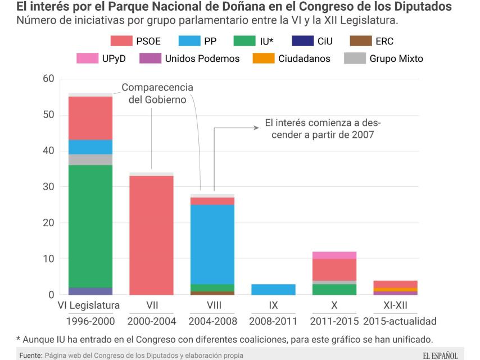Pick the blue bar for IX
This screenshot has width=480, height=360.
[273, 289]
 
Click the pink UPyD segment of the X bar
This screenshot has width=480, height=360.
[334, 255]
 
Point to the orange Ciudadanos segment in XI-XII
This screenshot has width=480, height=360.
[395, 289]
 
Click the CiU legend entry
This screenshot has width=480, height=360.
[315, 41]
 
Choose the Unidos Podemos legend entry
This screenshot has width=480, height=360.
[191, 58]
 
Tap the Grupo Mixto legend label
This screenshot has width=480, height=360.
[396, 58]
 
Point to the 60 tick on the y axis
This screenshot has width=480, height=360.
[48, 79]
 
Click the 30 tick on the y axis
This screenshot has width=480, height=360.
[48, 187]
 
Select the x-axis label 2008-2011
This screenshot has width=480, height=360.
[273, 321]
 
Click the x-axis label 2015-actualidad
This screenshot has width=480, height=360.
[400, 321]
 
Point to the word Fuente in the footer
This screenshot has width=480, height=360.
[30, 355]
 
